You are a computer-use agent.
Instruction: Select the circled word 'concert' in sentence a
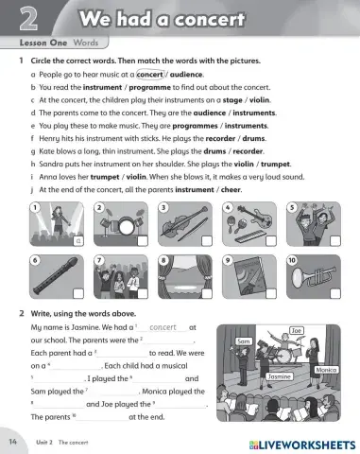point(154,72)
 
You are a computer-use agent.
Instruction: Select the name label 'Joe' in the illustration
point(296,332)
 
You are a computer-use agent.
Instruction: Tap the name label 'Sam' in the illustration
point(242,341)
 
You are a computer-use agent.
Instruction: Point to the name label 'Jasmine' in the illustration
point(281,376)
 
